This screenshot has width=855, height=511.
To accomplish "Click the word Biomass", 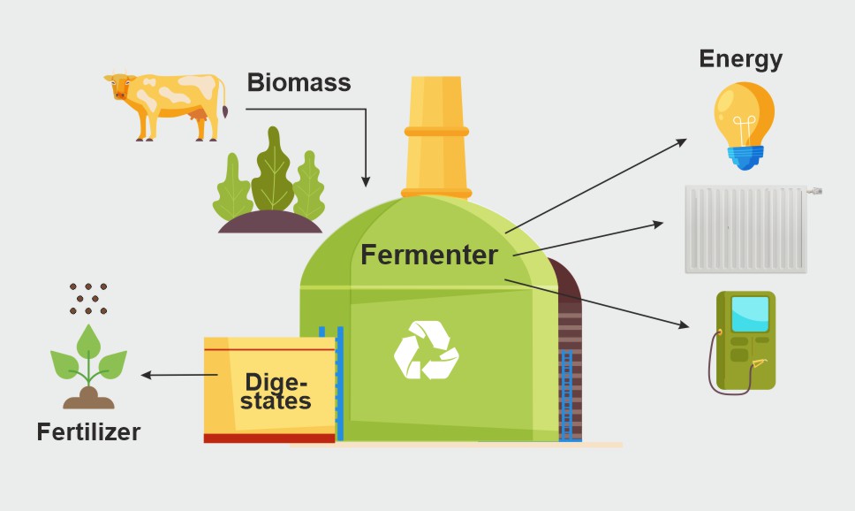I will [x=299, y=83].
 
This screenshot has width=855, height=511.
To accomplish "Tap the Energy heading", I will [x=740, y=59].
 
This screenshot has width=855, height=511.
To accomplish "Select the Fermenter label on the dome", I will [x=429, y=255].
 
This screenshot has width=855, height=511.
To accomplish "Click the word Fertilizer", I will [x=88, y=432].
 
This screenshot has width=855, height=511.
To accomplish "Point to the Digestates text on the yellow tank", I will [x=278, y=391].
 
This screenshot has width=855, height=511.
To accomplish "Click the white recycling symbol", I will [x=426, y=350].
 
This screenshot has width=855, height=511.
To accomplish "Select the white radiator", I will [x=746, y=228].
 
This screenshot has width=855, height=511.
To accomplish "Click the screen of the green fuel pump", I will [x=749, y=314].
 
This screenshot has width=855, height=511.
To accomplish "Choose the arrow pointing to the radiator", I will [x=587, y=239].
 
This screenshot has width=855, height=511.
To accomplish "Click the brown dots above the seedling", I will [x=88, y=299].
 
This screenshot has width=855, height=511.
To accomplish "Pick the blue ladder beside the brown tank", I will [x=566, y=394].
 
